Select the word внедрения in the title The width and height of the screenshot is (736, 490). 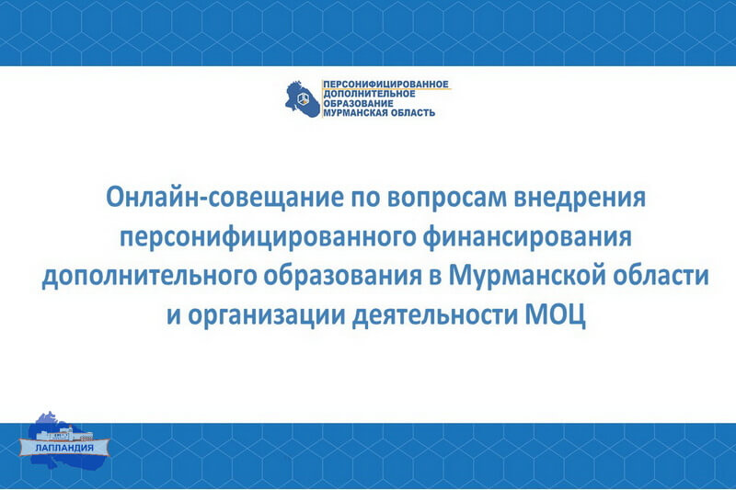click(580, 199)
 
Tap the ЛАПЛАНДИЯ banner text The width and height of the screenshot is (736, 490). click(64, 448)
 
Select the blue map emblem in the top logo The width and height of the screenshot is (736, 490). click(303, 99)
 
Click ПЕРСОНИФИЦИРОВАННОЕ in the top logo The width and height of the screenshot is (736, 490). click(385, 85)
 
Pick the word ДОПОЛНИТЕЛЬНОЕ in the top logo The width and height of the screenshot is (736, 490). click(370, 94)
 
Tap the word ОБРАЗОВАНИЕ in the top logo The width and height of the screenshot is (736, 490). click(358, 103)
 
